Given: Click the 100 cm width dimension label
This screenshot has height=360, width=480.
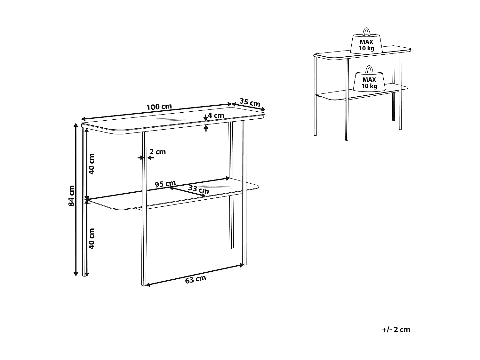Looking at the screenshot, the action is pos(159,107).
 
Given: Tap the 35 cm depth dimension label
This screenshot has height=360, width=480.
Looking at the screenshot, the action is pos(250,102).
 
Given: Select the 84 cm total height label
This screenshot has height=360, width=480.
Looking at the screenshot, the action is pos(71,196).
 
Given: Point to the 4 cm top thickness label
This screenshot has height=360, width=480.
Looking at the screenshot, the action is pos(216,116).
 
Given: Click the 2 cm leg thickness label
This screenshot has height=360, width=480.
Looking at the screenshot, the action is pos(157,152).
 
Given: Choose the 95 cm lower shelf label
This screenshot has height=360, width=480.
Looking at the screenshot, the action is pos(165,184).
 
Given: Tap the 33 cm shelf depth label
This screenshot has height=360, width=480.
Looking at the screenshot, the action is pos(199,189).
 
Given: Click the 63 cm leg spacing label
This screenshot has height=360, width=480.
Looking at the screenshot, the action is pos(196,279).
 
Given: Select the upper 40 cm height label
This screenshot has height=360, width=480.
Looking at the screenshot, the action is pos(92,164).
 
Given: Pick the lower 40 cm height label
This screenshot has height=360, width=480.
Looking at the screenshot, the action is pos(92,239).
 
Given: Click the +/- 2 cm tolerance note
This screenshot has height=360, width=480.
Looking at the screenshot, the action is pos(396,329).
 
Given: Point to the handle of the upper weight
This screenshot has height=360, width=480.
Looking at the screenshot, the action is pos(366,32).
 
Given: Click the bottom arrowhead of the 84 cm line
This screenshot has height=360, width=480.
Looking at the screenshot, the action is pos(76,274).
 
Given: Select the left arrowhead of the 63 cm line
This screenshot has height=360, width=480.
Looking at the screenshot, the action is pos(148,284).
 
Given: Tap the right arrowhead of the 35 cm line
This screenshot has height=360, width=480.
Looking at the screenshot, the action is pos(263,109).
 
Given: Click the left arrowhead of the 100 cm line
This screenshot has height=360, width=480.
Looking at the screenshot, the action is pos(83,119).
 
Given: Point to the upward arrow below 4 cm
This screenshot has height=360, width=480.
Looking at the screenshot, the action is pos(205,128).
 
